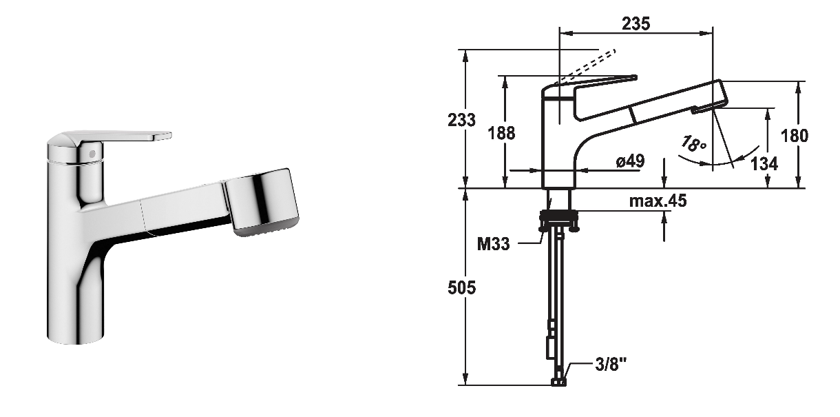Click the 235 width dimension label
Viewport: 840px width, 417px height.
(636, 23)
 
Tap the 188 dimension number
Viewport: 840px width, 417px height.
(505, 133)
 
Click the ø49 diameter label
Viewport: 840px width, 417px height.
(630, 161)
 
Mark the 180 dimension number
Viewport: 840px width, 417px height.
(795, 136)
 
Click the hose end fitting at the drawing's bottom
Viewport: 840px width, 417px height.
(558, 381)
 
